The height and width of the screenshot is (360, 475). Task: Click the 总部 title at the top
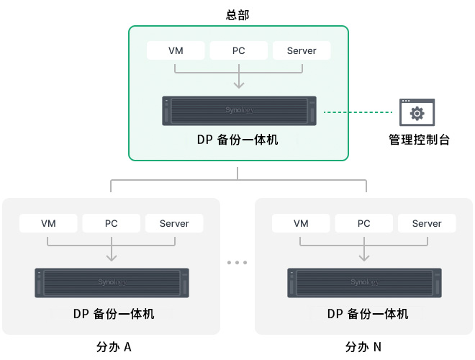(x=237, y=15)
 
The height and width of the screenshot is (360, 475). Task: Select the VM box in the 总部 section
(x=176, y=50)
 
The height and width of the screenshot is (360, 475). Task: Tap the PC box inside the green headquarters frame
(x=239, y=50)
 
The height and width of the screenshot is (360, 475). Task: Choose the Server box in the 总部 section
(x=302, y=50)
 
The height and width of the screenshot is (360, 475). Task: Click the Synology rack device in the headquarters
(x=240, y=111)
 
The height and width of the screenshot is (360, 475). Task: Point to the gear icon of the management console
(x=417, y=113)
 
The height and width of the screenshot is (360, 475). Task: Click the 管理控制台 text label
(x=420, y=140)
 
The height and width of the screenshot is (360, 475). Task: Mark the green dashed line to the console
(x=358, y=112)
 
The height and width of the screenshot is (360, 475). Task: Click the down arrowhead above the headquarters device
(x=239, y=85)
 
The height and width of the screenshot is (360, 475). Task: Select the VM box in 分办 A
(x=48, y=223)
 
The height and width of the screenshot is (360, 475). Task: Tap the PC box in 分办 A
(x=112, y=223)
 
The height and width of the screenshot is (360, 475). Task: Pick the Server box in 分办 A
(x=174, y=223)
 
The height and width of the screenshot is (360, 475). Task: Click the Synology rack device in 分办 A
(x=112, y=283)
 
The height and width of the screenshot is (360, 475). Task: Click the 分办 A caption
(x=114, y=347)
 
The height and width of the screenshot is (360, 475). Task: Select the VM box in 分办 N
(x=301, y=223)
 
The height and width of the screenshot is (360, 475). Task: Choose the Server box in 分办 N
(x=427, y=223)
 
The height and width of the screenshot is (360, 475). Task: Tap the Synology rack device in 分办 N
(x=364, y=283)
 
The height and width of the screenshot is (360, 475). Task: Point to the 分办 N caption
(x=363, y=347)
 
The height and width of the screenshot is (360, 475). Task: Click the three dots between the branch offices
(x=237, y=262)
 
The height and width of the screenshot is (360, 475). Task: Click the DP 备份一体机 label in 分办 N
(x=368, y=314)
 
